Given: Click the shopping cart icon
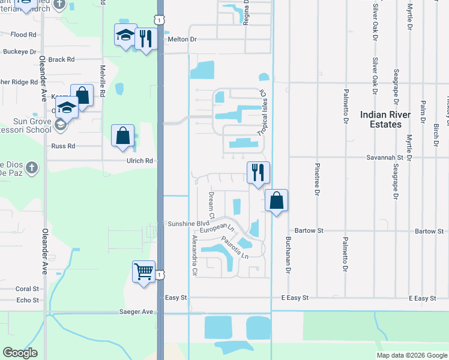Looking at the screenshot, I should (144, 272).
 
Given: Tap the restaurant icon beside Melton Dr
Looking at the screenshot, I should (145, 39).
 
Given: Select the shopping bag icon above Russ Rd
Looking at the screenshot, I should (123, 136).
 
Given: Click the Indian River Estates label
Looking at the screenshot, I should (385, 119).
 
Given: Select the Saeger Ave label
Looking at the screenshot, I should (139, 312).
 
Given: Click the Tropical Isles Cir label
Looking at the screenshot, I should (261, 113).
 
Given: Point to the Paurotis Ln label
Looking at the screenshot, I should (235, 248).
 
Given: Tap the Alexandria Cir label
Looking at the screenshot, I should (194, 255).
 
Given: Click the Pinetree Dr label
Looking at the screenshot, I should (316, 179).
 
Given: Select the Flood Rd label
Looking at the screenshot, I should (23, 35).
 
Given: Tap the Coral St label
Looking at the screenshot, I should (27, 289).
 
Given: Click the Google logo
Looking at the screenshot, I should (20, 353).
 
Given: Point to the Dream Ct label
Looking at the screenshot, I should (211, 205).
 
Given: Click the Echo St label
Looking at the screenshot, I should (28, 300).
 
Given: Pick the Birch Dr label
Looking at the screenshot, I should (436, 135).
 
